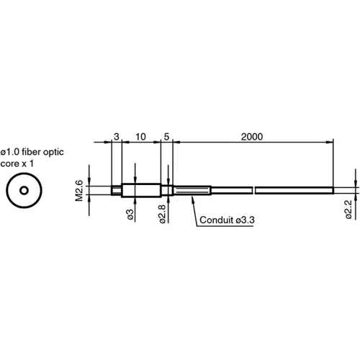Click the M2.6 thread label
(x=80, y=191)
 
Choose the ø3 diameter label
(x=130, y=215)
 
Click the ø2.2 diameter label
(x=348, y=210)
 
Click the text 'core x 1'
(x=17, y=164)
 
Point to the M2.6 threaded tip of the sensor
(x=116, y=191)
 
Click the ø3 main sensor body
(x=140, y=191)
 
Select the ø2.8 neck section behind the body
(x=166, y=191)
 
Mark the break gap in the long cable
(x=254, y=191)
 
